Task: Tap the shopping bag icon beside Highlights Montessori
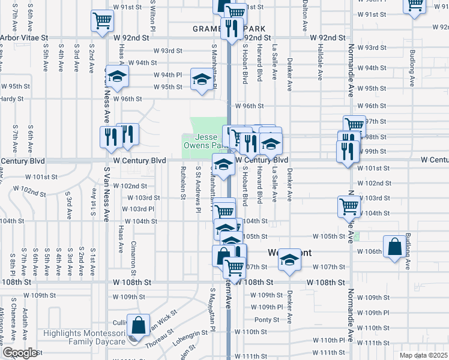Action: pos(139,326)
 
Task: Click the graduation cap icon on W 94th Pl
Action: pos(118,76)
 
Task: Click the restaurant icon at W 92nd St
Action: pos(231,28)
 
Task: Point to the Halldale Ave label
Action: pos(320,58)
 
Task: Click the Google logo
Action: pos(20,353)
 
